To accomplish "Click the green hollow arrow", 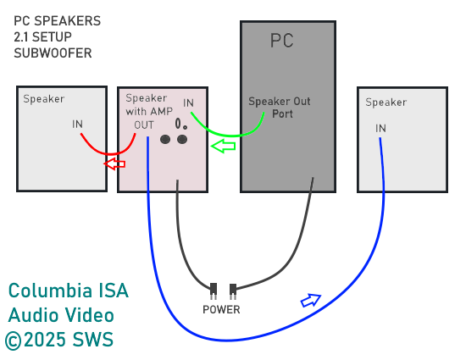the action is click(x=223, y=146).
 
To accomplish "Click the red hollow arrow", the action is click(x=114, y=163).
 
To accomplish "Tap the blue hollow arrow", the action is click(x=311, y=301).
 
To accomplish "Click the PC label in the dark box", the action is click(x=282, y=41).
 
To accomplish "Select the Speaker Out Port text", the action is click(x=280, y=108).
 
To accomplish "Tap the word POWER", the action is click(x=221, y=310).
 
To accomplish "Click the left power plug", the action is click(x=214, y=291).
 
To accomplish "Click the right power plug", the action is click(x=233, y=291).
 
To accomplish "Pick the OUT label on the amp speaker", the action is click(x=144, y=125).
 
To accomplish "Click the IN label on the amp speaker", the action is click(x=188, y=103).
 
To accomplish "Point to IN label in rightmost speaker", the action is click(x=380, y=128).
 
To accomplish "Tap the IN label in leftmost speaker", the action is click(x=77, y=124).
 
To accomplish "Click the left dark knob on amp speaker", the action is click(x=165, y=139).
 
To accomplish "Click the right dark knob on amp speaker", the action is click(x=182, y=139).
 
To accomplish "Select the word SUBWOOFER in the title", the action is click(x=53, y=53).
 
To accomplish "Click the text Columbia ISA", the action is click(x=69, y=291).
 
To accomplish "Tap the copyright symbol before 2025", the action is click(x=14, y=341).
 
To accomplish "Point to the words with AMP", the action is click(x=149, y=111).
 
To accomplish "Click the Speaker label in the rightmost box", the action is click(x=386, y=102).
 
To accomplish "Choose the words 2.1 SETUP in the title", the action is click(x=42, y=37).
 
